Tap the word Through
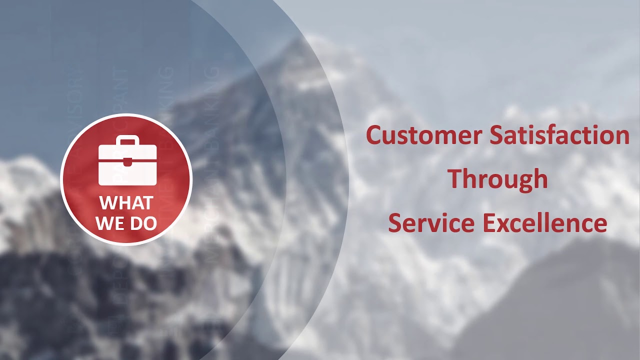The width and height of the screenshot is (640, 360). pyautogui.click(x=497, y=179)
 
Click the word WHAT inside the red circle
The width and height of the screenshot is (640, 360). pyautogui.click(x=126, y=203)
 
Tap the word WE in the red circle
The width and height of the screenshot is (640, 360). pyautogui.click(x=110, y=223)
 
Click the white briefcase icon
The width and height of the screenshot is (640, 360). pyautogui.click(x=127, y=160)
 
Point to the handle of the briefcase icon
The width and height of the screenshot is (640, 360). pyautogui.click(x=127, y=139)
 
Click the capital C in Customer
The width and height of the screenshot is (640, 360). pyautogui.click(x=375, y=135)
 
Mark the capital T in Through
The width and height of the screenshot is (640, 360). pyautogui.click(x=455, y=178)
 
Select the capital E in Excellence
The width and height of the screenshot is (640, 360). pyautogui.click(x=490, y=222)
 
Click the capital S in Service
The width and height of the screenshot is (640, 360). pyautogui.click(x=395, y=222)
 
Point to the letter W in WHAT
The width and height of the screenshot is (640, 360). pyautogui.click(x=108, y=203)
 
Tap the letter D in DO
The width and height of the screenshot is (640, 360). pyautogui.click(x=137, y=223)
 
